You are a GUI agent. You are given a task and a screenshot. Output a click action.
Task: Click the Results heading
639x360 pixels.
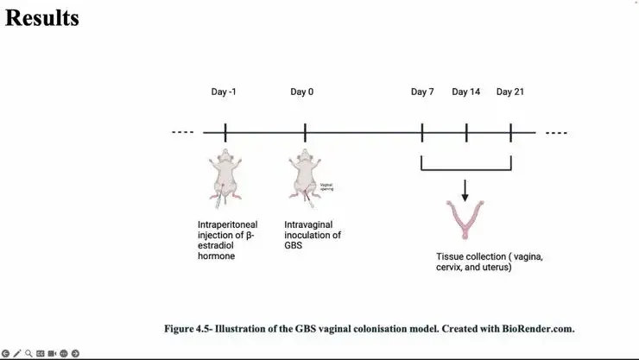tap(42, 17)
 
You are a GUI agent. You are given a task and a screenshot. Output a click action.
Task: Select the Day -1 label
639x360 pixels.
tap(224, 92)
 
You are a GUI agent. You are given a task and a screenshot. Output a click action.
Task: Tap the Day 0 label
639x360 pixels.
tap(302, 92)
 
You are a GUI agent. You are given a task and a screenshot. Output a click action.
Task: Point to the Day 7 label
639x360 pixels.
tap(422, 92)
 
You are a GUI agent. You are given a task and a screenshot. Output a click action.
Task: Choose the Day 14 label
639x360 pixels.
tap(466, 92)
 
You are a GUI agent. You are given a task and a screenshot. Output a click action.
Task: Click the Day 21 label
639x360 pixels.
tap(511, 92)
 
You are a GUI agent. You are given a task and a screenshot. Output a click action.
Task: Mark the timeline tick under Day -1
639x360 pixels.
tap(225, 133)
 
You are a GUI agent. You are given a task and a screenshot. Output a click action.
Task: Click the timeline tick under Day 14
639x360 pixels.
tap(466, 133)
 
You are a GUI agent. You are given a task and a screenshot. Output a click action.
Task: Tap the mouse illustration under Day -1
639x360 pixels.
tap(225, 178)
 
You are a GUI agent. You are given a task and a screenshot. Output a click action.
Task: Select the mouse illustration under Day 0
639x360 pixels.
tap(305, 178)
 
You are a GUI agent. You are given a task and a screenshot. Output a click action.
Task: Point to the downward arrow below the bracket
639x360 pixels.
tap(465, 190)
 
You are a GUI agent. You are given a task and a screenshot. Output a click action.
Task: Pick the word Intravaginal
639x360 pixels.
tap(307, 224)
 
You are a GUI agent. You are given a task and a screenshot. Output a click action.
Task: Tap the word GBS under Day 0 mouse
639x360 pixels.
tap(294, 245)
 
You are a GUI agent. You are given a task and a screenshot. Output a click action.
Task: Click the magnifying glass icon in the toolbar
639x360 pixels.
tap(28, 353)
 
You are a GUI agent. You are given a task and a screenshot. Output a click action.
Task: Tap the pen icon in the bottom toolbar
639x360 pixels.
tap(17, 353)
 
